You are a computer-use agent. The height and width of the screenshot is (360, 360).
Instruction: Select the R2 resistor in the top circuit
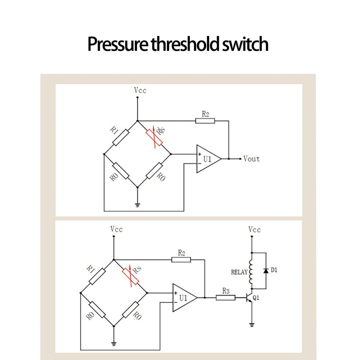click(205, 120)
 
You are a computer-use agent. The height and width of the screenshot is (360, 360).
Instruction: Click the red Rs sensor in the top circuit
click(154, 137)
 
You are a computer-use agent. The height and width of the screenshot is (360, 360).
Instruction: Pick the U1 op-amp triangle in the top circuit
click(207, 159)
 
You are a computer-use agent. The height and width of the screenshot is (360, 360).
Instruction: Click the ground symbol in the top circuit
click(138, 205)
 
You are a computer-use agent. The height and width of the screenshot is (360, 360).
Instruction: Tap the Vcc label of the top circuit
click(140, 90)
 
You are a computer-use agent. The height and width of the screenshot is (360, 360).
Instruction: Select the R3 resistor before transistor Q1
click(225, 297)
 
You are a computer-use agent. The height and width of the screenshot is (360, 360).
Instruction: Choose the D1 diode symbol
click(266, 270)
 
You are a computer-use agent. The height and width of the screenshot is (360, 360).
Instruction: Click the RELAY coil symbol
click(252, 271)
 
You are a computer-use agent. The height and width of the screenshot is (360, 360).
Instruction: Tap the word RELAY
click(238, 272)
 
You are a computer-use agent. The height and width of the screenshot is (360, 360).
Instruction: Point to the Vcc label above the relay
click(255, 229)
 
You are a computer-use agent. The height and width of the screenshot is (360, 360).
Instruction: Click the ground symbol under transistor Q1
click(252, 324)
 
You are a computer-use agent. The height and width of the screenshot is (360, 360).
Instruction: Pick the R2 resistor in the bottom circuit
click(181, 259)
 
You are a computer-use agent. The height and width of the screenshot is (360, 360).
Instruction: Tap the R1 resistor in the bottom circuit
click(97, 276)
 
